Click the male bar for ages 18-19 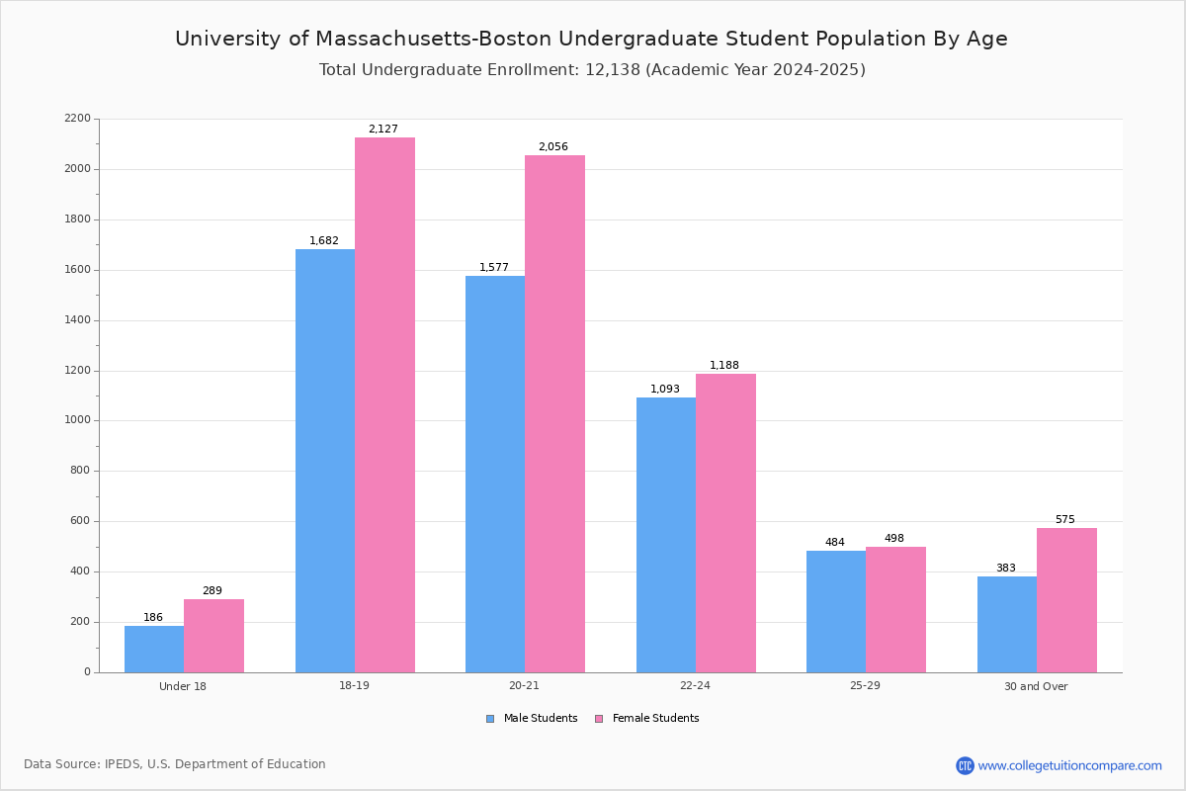325,461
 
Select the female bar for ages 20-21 554,413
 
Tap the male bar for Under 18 154,649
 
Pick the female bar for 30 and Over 1066,600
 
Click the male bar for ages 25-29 836,611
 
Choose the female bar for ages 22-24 725,523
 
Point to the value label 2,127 383,130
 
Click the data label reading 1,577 494,268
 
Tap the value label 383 1006,569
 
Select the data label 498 894,539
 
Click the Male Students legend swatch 490,719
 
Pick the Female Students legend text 655,719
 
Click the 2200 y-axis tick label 77,119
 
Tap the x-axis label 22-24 695,686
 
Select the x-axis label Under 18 183,686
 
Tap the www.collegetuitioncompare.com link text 1069,765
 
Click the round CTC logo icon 965,765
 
